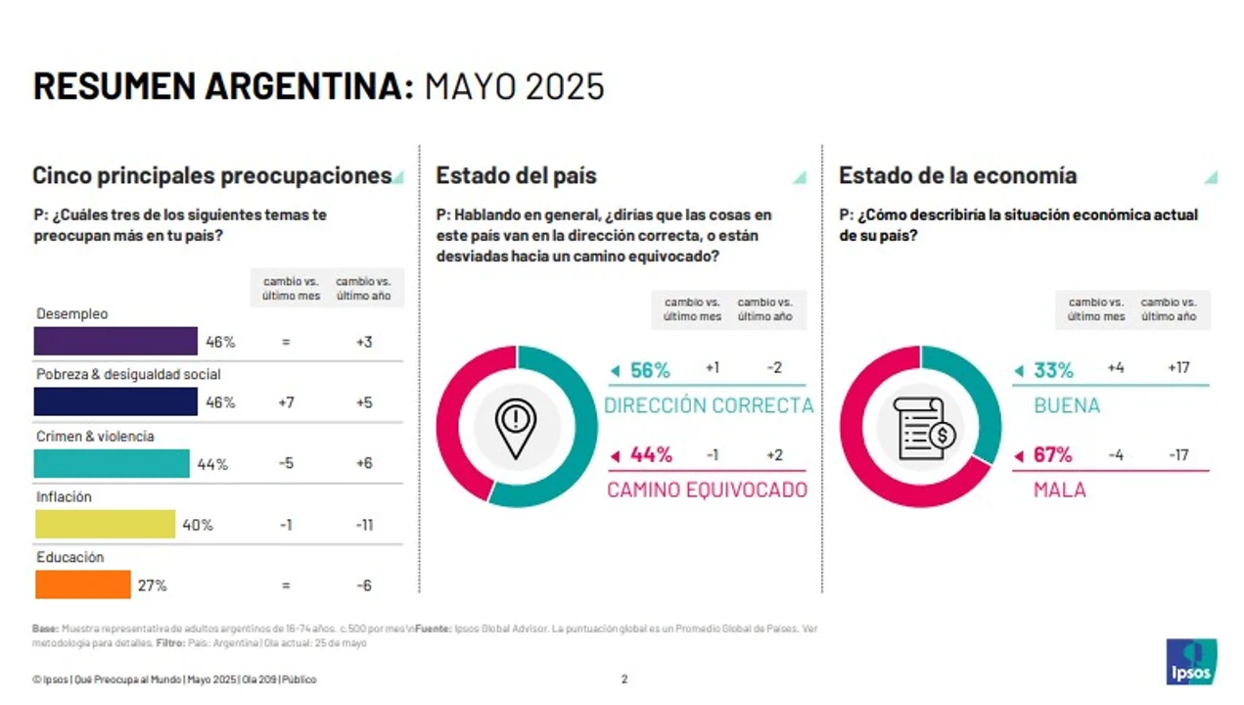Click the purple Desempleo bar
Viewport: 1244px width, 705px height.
pyautogui.click(x=115, y=341)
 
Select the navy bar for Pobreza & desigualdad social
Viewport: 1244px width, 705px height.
pyautogui.click(x=115, y=401)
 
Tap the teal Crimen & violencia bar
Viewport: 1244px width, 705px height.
pyautogui.click(x=112, y=463)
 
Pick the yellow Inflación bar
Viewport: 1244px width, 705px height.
pyautogui.click(x=105, y=525)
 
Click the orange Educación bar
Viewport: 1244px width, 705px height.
pyautogui.click(x=83, y=585)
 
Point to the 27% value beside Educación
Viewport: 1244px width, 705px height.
pyautogui.click(x=152, y=586)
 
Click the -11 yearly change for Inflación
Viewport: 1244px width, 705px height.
pyautogui.click(x=364, y=525)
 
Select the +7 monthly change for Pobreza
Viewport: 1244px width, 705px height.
pyautogui.click(x=286, y=402)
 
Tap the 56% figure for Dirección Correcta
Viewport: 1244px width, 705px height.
pyautogui.click(x=650, y=370)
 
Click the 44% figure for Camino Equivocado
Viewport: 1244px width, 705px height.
pyautogui.click(x=651, y=454)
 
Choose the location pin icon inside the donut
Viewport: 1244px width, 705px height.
pyautogui.click(x=516, y=427)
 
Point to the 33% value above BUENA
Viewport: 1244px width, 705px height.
pyautogui.click(x=1053, y=370)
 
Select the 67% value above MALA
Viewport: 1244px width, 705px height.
pyautogui.click(x=1053, y=454)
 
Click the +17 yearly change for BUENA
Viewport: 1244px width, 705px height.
pyautogui.click(x=1178, y=368)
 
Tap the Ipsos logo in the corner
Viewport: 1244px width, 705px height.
pyautogui.click(x=1191, y=662)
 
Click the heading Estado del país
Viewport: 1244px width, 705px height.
pyautogui.click(x=516, y=175)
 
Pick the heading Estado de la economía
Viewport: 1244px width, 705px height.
pyautogui.click(x=957, y=175)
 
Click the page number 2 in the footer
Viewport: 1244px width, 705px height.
pyautogui.click(x=624, y=679)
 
